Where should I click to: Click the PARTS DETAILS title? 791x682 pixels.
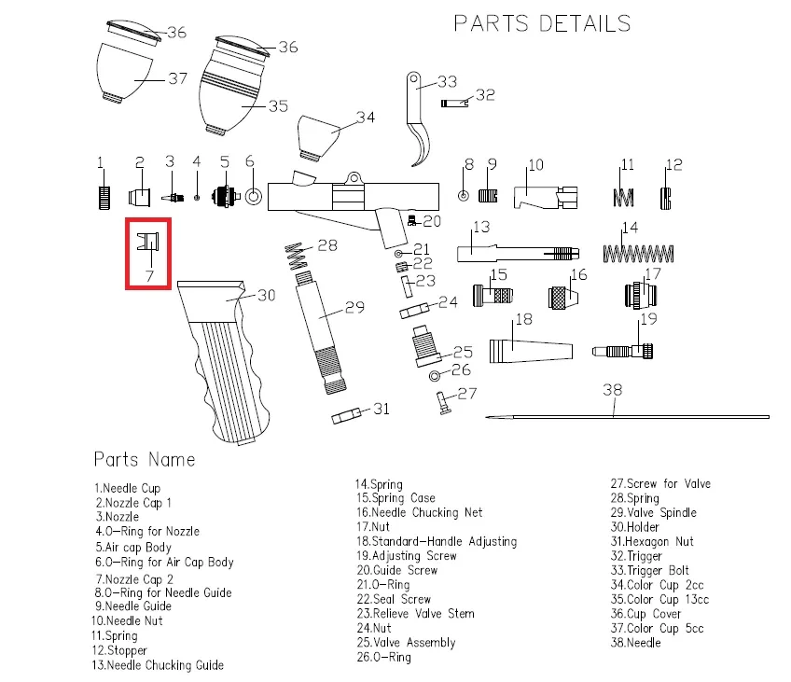pyautogui.click(x=542, y=23)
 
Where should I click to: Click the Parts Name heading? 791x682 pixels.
pyautogui.click(x=145, y=459)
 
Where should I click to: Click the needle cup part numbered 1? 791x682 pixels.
pyautogui.click(x=104, y=197)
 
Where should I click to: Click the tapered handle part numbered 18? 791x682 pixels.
pyautogui.click(x=528, y=352)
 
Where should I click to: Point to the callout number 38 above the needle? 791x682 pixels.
pyautogui.click(x=612, y=390)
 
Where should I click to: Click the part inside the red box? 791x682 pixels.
pyautogui.click(x=147, y=242)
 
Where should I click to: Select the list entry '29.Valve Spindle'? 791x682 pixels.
pyautogui.click(x=653, y=512)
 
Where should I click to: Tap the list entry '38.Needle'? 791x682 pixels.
pyautogui.click(x=635, y=643)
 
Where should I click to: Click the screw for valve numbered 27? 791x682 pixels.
pyautogui.click(x=443, y=402)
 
